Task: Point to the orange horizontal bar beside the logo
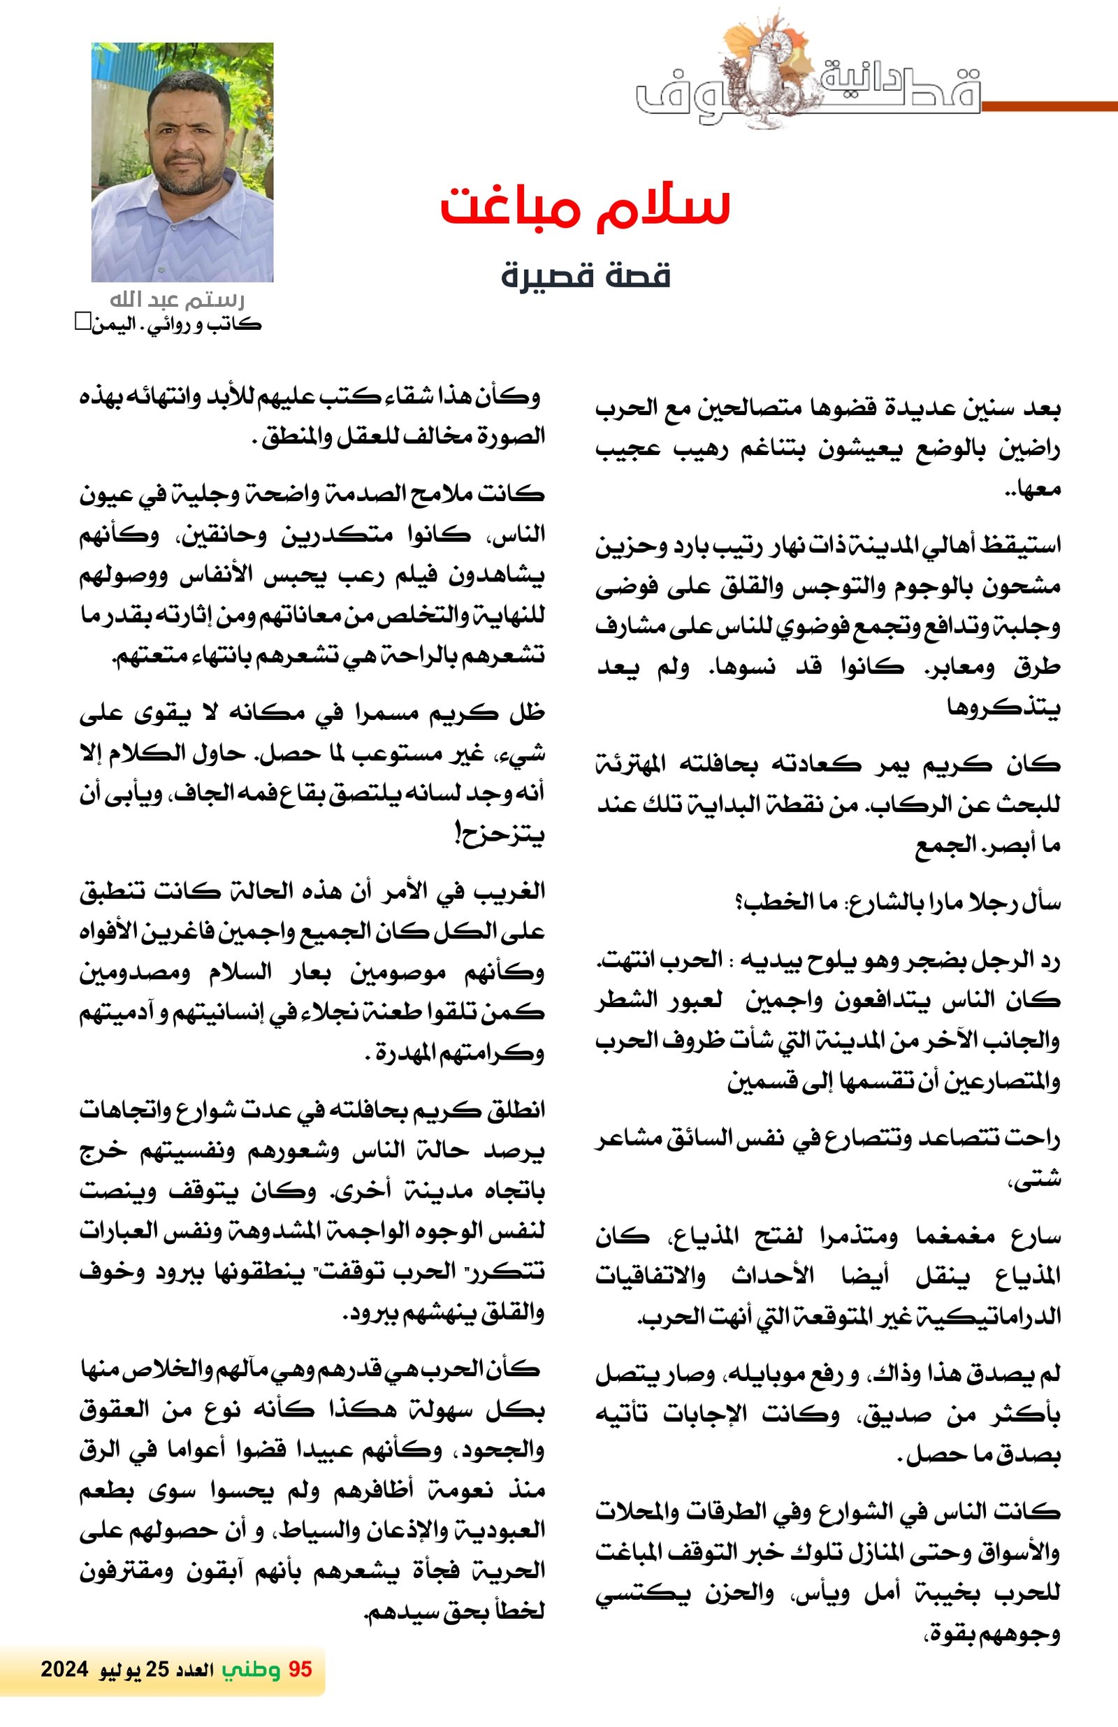[x=1048, y=107]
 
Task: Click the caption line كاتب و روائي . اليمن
[x=174, y=324]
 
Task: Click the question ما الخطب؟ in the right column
[x=785, y=904]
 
